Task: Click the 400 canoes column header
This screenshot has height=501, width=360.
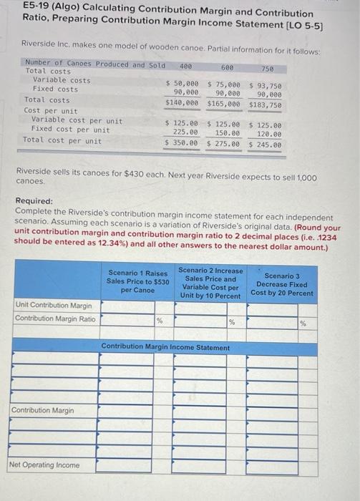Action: click(185, 66)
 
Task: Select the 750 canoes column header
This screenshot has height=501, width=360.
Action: click(268, 67)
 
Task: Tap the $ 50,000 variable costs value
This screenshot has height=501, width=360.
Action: click(183, 84)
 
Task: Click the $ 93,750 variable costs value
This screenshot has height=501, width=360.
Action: click(266, 85)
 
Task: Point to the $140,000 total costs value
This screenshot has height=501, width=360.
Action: click(182, 103)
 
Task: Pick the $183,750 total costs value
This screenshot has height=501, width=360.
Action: click(265, 104)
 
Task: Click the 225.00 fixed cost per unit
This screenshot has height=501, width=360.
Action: click(185, 132)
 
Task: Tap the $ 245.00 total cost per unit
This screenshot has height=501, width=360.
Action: click(265, 145)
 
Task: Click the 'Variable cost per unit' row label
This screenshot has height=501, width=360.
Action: click(76, 120)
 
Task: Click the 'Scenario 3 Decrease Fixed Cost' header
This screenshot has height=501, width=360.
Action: click(282, 284)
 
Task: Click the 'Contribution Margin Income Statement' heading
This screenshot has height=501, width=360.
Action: click(165, 347)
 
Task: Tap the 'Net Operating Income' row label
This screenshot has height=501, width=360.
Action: click(44, 465)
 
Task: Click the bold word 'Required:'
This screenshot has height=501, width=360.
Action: click(34, 202)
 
